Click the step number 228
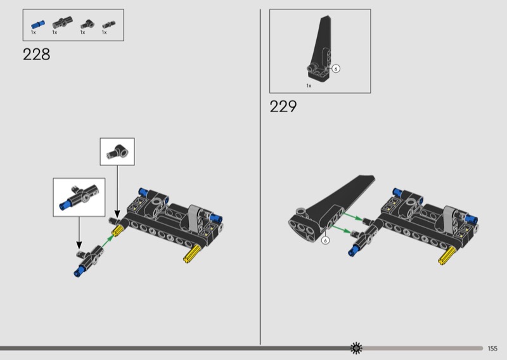coord(37,55)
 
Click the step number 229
coord(283,106)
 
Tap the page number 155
coord(492,349)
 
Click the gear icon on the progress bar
coord(356,348)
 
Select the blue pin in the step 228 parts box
coord(38,24)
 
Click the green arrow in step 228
coord(107,242)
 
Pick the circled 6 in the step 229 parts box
coord(336,68)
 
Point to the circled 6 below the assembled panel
coord(325,240)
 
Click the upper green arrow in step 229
coord(353,216)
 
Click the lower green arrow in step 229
coord(341,229)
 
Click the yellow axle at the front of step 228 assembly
coord(193,254)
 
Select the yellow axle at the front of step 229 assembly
coord(448,255)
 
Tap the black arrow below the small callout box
coord(117,191)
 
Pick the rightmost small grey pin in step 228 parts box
coord(109,25)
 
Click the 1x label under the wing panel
coord(309,86)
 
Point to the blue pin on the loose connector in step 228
coord(79,272)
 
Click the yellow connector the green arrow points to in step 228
coord(118,230)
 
